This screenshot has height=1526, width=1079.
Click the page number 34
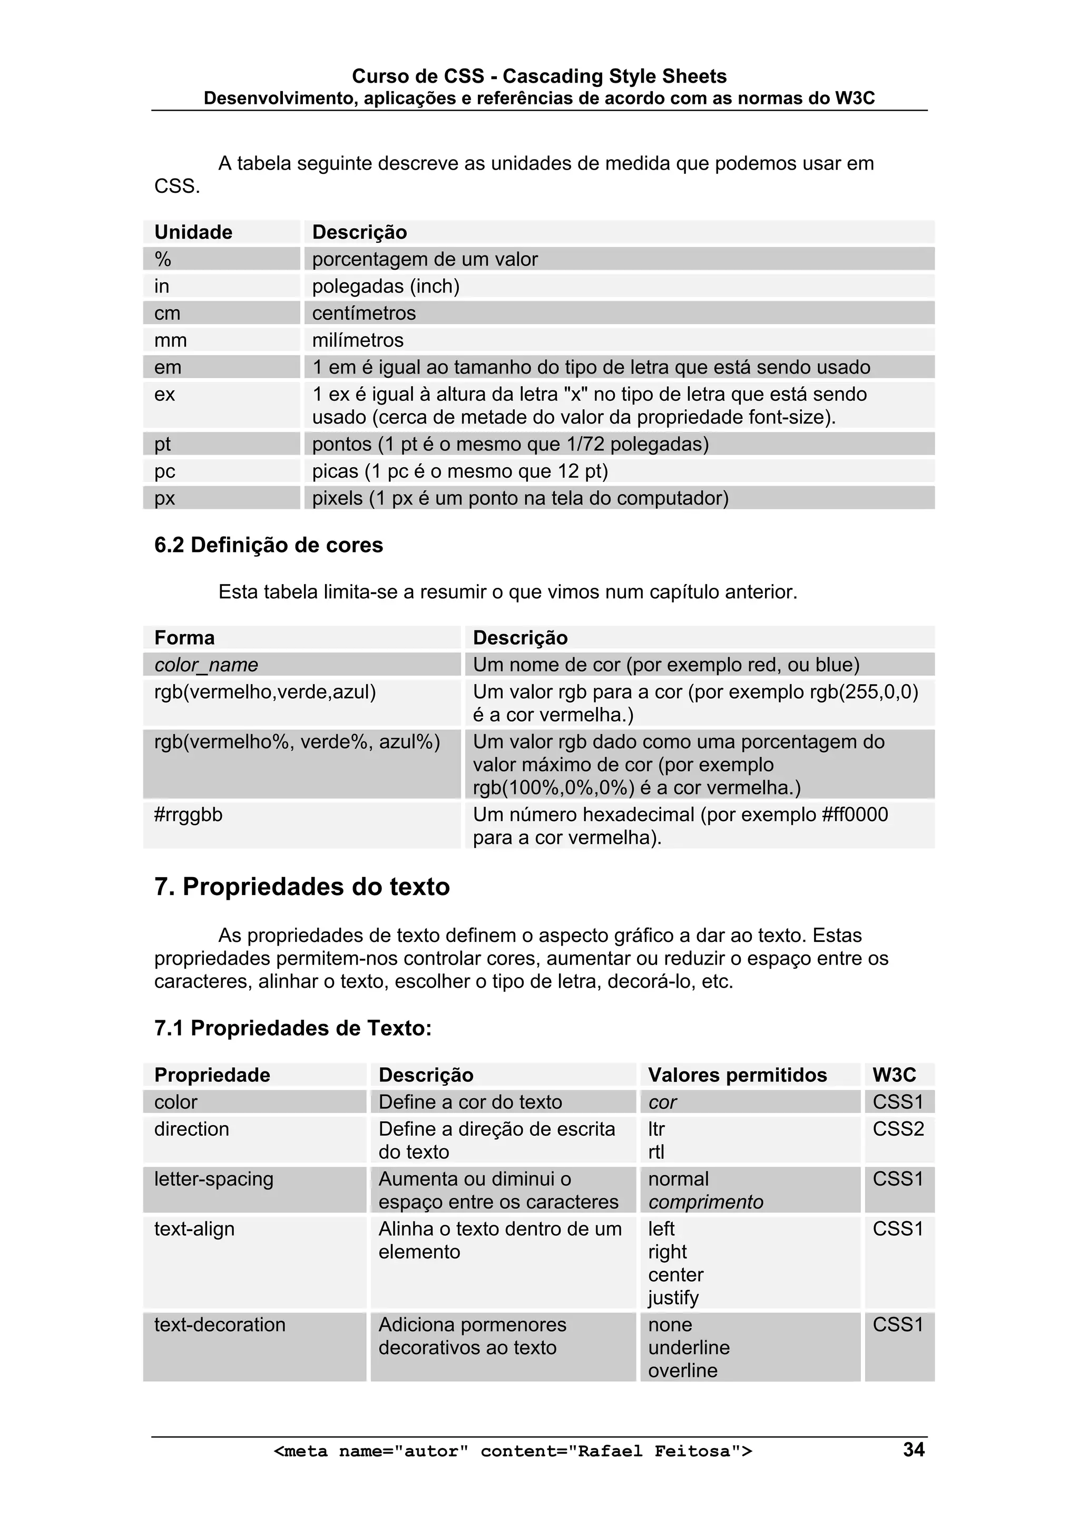click(x=913, y=1449)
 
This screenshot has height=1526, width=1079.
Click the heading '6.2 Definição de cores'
click(x=269, y=545)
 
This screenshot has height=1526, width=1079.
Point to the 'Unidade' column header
click(x=193, y=232)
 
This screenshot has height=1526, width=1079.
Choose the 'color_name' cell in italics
click(x=206, y=665)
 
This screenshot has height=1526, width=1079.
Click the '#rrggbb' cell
click(x=188, y=814)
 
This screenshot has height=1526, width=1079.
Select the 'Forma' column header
click(x=185, y=637)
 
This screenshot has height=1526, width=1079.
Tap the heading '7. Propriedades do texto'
click(x=302, y=887)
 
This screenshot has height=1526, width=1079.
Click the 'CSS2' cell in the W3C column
click(x=898, y=1128)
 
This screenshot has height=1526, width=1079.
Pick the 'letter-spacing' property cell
click(x=213, y=1178)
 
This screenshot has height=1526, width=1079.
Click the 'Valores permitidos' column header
click(x=737, y=1075)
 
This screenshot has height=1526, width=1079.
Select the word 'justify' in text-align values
click(x=673, y=1297)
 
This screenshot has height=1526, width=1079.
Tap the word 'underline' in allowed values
click(x=689, y=1347)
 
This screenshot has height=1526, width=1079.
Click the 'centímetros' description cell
click(x=364, y=313)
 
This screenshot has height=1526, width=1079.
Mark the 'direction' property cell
click(x=191, y=1128)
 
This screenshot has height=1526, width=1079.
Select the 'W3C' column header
click(x=894, y=1075)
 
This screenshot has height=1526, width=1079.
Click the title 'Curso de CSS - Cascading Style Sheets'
click(x=538, y=76)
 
